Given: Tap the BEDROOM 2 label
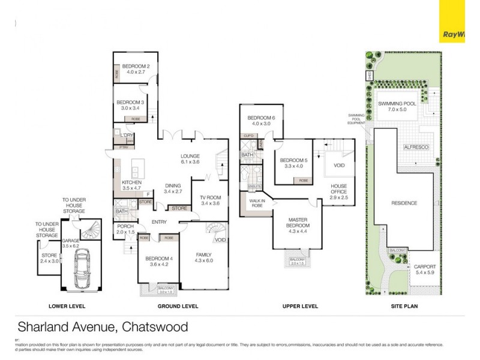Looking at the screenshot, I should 136,67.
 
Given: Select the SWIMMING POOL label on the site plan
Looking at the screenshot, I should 400,104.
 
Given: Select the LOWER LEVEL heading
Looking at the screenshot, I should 67,306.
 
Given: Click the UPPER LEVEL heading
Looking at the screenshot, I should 300,306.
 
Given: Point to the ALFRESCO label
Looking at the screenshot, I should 415,146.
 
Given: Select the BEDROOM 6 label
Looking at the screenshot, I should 260,118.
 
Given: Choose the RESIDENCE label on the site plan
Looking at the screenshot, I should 404,203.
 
